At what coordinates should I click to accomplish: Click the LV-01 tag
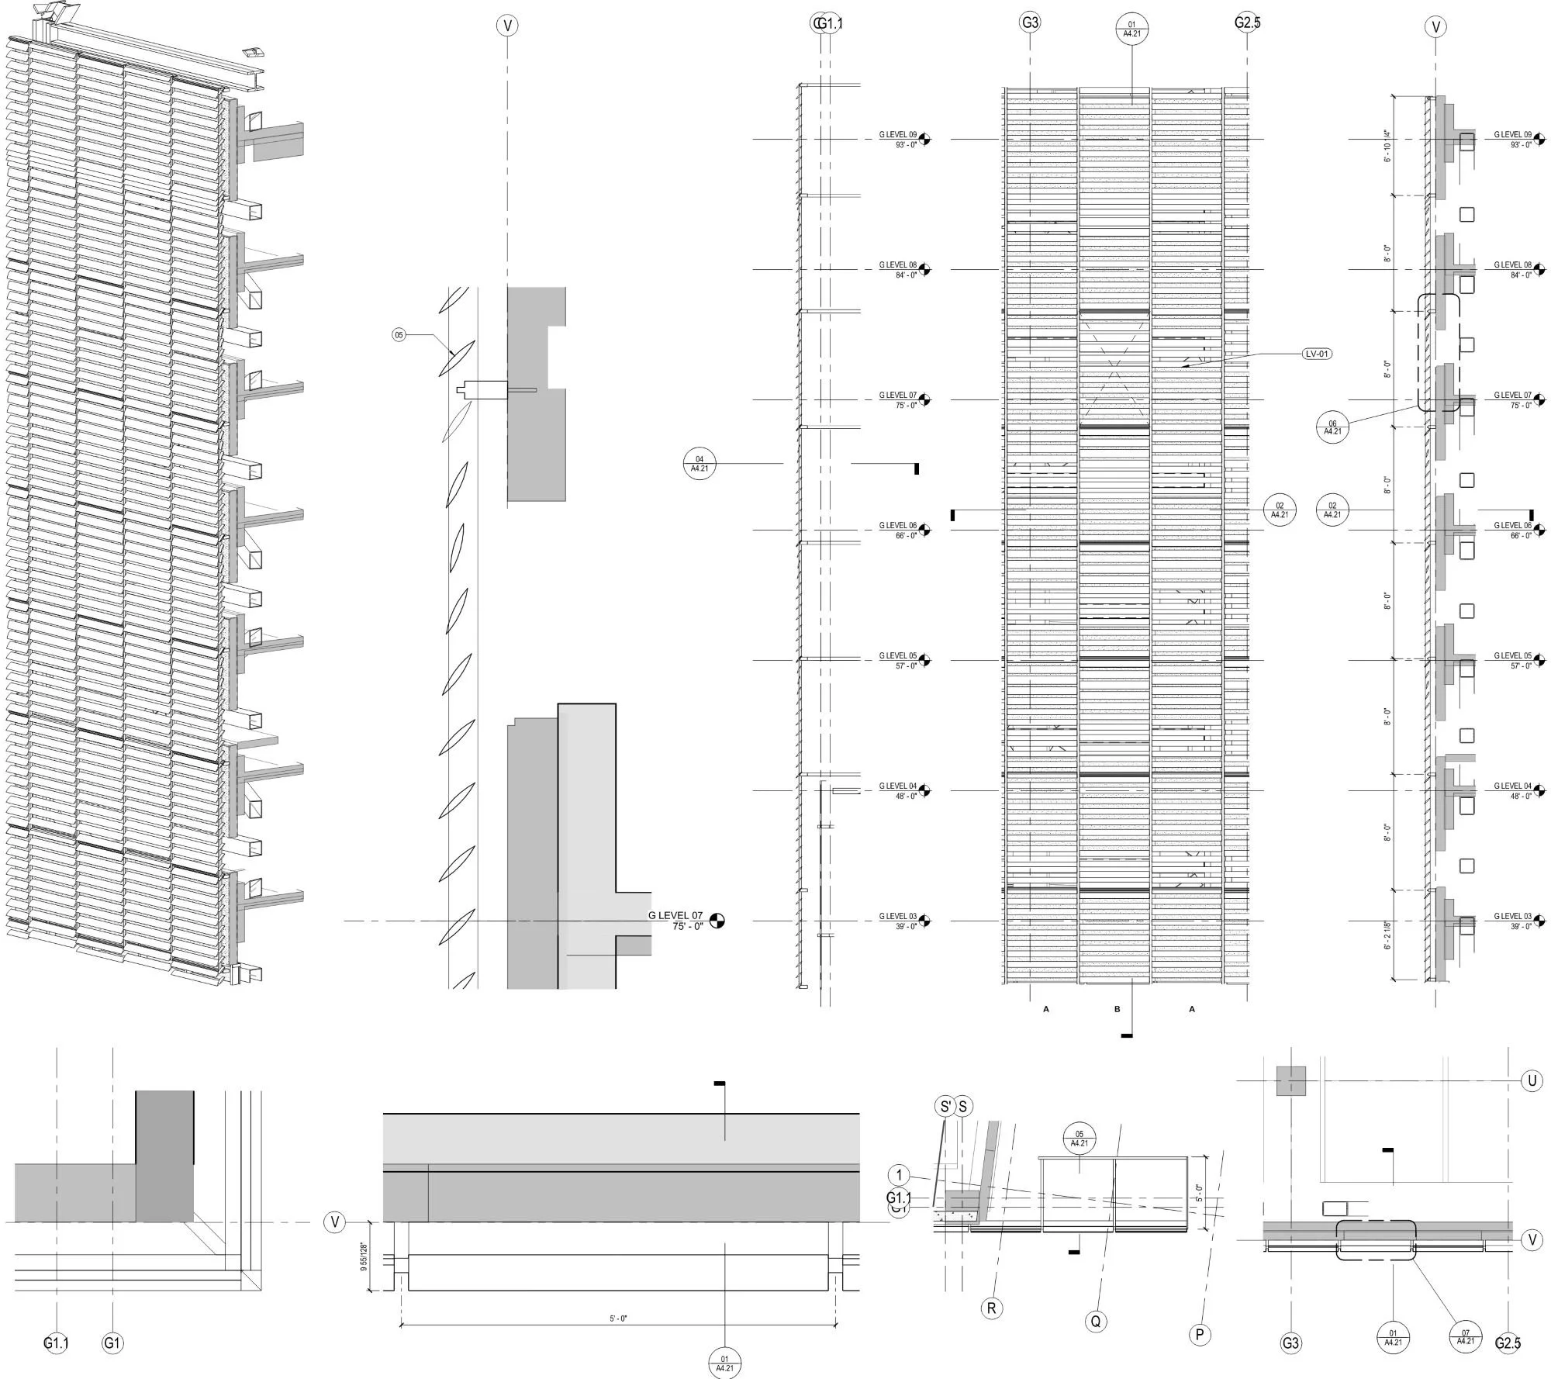click(1317, 354)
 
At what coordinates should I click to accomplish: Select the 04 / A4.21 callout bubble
click(700, 464)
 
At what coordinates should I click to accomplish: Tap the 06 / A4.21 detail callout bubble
click(1332, 427)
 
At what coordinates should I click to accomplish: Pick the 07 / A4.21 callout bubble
click(1465, 1336)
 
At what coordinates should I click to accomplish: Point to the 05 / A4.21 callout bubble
click(1079, 1139)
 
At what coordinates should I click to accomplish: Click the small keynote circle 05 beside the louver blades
click(399, 335)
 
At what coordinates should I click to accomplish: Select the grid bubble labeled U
click(1531, 1081)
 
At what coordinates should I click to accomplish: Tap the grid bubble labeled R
click(991, 1308)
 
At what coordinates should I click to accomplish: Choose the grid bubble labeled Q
click(1095, 1321)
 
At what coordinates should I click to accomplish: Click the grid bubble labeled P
click(1199, 1334)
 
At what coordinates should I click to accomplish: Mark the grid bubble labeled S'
click(945, 1107)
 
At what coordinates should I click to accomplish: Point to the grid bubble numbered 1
click(899, 1175)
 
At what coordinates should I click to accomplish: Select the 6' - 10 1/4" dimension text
click(1387, 145)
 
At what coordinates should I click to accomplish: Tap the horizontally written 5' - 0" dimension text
click(618, 1318)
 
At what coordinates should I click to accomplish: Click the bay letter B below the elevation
click(1117, 1009)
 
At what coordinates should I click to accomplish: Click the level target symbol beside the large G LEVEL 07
click(717, 921)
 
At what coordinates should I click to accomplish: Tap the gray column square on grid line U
click(1291, 1081)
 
